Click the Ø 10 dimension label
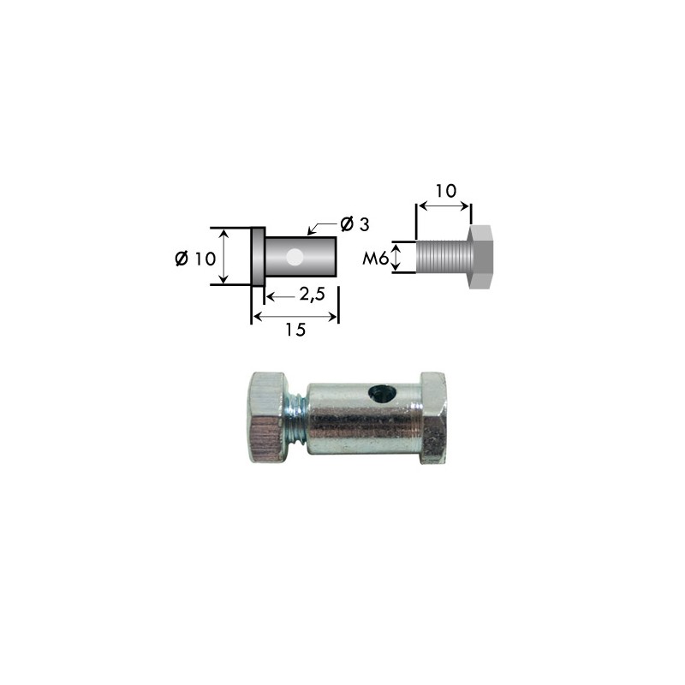[x=195, y=259]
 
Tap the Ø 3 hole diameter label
[x=354, y=224]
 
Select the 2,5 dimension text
[x=312, y=295]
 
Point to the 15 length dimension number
[x=295, y=330]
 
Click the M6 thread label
[x=375, y=259]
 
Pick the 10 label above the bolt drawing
[x=446, y=190]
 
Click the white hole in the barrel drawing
[x=295, y=257]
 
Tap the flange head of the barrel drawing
[x=259, y=256]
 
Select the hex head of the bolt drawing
[x=481, y=257]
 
